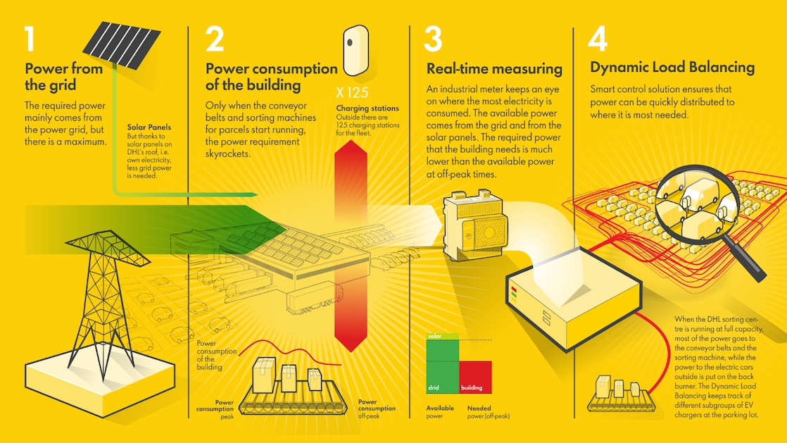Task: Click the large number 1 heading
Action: pyautogui.click(x=29, y=39)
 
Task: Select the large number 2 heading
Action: pyautogui.click(x=214, y=39)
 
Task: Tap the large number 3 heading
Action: pyautogui.click(x=433, y=39)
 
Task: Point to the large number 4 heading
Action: pyautogui.click(x=598, y=39)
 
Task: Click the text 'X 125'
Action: pyautogui.click(x=351, y=93)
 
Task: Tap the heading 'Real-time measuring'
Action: pyautogui.click(x=494, y=69)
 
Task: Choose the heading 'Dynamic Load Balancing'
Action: pyautogui.click(x=672, y=68)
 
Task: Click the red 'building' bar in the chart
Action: pyautogui.click(x=476, y=377)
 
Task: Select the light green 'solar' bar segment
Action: pyautogui.click(x=443, y=337)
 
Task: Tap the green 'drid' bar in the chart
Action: pyautogui.click(x=443, y=366)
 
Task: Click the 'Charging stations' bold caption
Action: pyautogui.click(x=367, y=108)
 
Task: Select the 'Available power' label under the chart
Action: pyautogui.click(x=441, y=411)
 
